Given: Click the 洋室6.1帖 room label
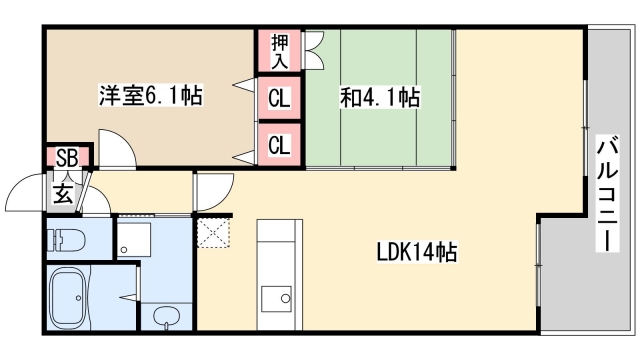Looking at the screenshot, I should click(150, 97).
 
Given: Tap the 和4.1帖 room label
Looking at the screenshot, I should click(380, 97).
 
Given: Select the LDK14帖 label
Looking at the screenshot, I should click(416, 253).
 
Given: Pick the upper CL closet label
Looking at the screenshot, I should click(278, 99).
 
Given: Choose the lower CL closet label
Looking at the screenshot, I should click(278, 145).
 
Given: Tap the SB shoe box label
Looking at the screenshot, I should click(67, 157).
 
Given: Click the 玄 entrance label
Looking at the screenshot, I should click(63, 192).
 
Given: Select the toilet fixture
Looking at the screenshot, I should click(70, 241).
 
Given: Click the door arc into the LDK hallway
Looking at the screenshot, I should click(212, 190).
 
